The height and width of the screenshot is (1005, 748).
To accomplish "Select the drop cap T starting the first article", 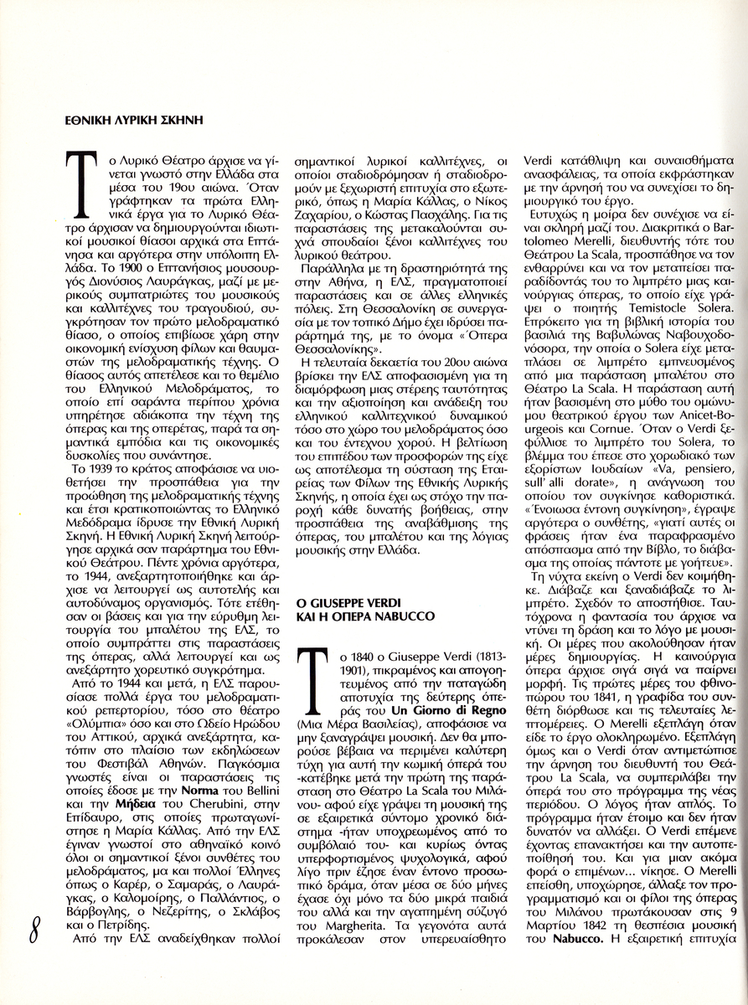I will coord(82,178).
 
